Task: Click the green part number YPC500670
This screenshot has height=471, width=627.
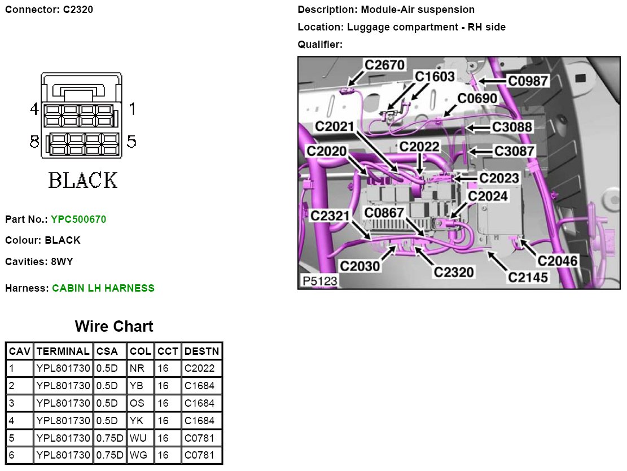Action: click(78, 219)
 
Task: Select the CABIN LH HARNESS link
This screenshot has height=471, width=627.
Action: click(103, 288)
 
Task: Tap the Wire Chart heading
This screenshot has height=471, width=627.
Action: click(114, 326)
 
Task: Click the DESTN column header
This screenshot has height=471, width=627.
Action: click(201, 351)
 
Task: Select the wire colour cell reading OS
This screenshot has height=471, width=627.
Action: click(137, 403)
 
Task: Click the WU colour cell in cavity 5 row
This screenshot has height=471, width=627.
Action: click(138, 438)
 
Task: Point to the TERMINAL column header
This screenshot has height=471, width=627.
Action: click(63, 351)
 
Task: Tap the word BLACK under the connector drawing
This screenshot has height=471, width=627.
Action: click(83, 181)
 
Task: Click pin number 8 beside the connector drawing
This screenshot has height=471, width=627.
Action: click(34, 142)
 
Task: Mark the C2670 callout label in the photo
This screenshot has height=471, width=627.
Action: click(384, 65)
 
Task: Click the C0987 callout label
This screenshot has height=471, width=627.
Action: click(528, 81)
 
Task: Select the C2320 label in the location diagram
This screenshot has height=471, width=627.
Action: click(453, 272)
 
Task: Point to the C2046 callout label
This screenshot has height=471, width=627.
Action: click(557, 261)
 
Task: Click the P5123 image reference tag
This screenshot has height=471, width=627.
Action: click(319, 280)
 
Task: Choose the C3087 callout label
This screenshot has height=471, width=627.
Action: click(514, 151)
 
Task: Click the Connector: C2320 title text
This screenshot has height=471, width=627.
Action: click(49, 10)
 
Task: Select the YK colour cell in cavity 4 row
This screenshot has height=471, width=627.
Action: click(137, 420)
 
